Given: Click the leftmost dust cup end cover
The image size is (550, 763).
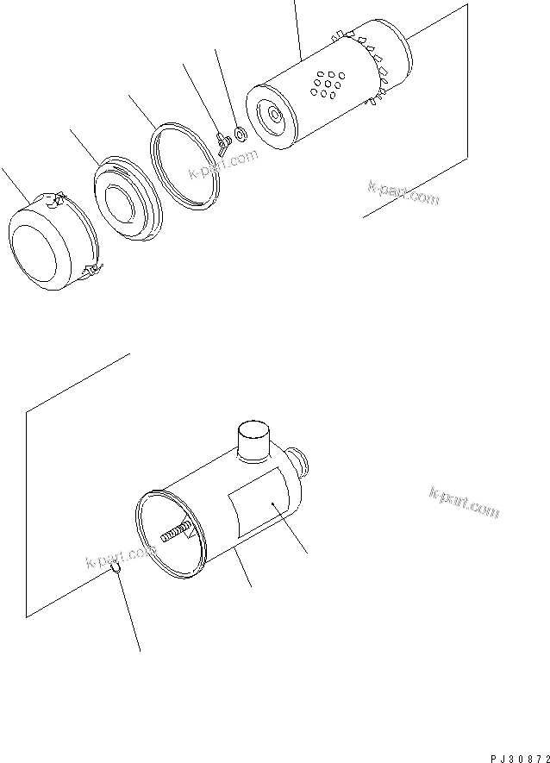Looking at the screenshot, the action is click(47, 241).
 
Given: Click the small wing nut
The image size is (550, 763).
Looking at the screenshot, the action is click(222, 141).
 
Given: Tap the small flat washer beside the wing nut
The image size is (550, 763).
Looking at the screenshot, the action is click(239, 133).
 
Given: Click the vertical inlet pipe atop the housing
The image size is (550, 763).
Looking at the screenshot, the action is click(253, 441).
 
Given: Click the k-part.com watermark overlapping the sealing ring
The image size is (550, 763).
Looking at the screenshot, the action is click(223, 166).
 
